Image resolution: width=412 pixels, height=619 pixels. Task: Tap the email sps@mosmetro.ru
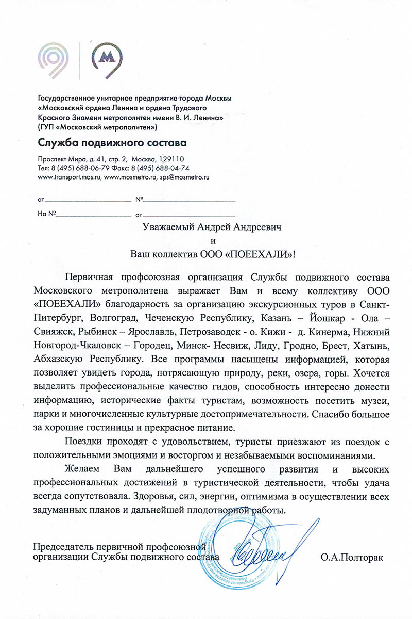183,176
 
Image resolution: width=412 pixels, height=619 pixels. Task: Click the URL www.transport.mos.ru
70,176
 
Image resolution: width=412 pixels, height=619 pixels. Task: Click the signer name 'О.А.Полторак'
352,557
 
